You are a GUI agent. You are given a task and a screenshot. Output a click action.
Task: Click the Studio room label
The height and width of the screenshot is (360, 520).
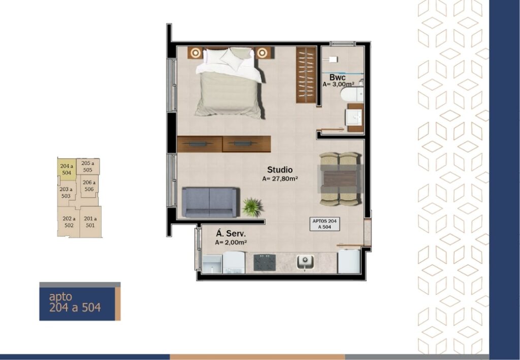click(280, 170)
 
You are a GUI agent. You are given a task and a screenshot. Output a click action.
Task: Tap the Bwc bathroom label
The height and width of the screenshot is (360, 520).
click(337, 77)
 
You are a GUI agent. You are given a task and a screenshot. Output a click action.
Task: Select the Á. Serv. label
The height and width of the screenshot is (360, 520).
click(231, 234)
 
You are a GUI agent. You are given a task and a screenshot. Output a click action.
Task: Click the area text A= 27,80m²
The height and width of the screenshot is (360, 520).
click(280, 179)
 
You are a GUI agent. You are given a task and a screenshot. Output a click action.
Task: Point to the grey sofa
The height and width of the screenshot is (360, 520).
click(210, 202)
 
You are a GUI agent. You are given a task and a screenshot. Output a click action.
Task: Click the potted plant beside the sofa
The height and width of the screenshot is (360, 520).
click(252, 207)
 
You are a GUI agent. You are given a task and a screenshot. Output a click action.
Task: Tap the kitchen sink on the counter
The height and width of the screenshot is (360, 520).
click(305, 261)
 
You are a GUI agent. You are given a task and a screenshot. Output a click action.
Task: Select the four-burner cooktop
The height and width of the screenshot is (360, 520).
click(265, 263)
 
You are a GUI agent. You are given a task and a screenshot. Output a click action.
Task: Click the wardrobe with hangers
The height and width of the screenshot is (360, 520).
click(306, 75)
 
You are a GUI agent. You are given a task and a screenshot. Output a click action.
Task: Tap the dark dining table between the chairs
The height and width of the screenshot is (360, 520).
click(340, 179)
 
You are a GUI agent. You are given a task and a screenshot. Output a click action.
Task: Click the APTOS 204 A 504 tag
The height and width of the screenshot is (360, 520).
click(324, 224)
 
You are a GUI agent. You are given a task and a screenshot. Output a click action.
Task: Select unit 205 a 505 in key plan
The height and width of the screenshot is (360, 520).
click(88, 167)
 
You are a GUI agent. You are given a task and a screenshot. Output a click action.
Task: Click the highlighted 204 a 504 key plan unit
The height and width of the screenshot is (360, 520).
click(67, 169)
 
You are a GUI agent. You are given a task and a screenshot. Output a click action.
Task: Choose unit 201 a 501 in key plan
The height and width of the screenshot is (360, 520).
click(90, 222)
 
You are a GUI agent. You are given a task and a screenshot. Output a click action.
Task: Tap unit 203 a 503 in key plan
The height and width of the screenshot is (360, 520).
click(67, 192)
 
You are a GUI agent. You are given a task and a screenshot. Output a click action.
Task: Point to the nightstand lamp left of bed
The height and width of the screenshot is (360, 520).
click(196, 52)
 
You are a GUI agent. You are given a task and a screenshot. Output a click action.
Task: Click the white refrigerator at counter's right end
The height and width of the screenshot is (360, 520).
click(349, 261)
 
